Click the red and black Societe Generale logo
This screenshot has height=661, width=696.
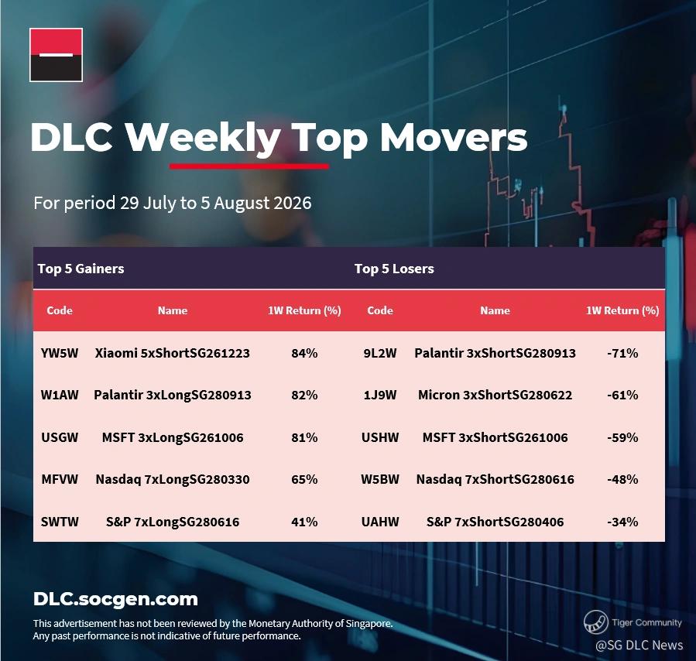click(x=56, y=55)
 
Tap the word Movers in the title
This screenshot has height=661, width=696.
click(x=453, y=137)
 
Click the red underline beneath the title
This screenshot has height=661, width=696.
click(x=249, y=166)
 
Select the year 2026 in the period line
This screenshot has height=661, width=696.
click(x=293, y=203)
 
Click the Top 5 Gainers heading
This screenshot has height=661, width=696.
click(x=81, y=269)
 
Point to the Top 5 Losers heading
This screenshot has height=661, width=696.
click(x=394, y=269)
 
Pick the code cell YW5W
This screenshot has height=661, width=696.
click(x=60, y=353)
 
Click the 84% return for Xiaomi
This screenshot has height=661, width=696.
click(x=304, y=353)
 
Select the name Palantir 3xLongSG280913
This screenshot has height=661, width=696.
click(x=172, y=395)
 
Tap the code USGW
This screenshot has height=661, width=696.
click(x=60, y=437)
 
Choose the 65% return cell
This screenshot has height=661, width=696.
click(x=304, y=479)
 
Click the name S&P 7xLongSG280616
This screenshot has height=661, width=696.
click(x=172, y=522)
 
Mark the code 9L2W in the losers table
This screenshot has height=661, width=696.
click(x=380, y=353)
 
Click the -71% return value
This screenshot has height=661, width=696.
click(x=622, y=353)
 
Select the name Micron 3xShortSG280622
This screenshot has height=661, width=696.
click(x=495, y=395)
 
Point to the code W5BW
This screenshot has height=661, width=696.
click(x=380, y=479)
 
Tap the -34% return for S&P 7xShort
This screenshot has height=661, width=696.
click(x=622, y=522)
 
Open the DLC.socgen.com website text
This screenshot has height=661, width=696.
click(x=115, y=599)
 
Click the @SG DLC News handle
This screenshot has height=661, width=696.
click(x=639, y=645)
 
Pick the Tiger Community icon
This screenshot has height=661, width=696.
click(x=595, y=622)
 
